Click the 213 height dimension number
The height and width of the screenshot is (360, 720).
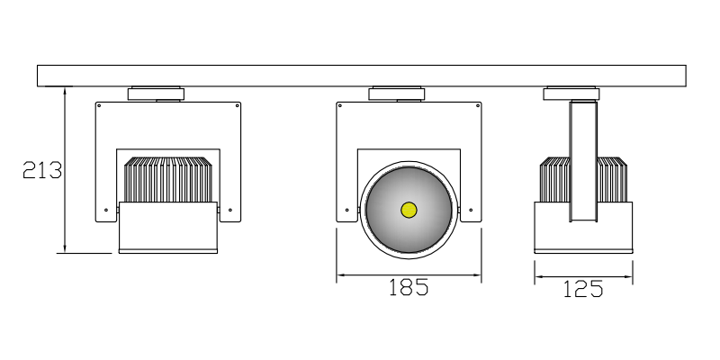(41, 170)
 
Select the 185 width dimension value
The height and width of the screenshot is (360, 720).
(408, 288)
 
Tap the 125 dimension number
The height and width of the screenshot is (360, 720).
(582, 289)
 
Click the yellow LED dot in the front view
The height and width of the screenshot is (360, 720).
(409, 211)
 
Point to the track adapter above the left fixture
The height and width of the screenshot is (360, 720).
(157, 93)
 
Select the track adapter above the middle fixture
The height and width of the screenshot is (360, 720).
(396, 93)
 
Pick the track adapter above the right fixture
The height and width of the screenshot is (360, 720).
(571, 93)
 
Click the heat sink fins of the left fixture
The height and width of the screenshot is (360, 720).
(167, 180)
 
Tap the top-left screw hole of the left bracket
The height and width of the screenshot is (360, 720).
(100, 105)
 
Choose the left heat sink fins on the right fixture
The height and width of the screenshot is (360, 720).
(554, 180)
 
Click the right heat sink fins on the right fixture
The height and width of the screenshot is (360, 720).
(612, 180)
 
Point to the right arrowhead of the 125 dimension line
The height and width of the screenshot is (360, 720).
(629, 275)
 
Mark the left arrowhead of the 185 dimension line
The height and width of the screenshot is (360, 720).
(340, 274)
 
